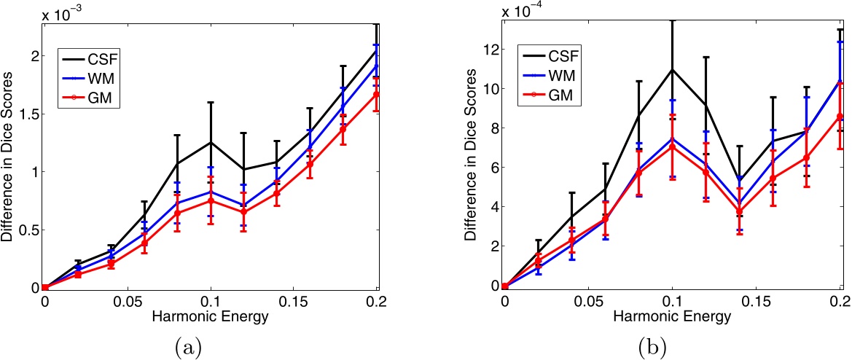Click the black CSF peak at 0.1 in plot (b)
(673, 69)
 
